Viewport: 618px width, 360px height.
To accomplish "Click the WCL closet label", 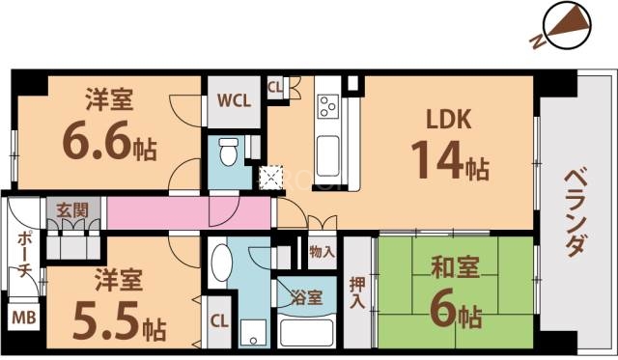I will (233, 100).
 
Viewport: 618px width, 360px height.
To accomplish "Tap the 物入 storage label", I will (323, 253).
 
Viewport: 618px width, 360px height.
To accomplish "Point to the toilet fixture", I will (229, 152).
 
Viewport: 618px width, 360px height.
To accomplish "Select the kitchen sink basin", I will (326, 152).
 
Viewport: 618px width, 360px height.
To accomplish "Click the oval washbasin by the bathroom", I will (220, 263).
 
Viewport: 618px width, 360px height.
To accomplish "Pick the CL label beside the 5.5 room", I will (219, 320).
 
